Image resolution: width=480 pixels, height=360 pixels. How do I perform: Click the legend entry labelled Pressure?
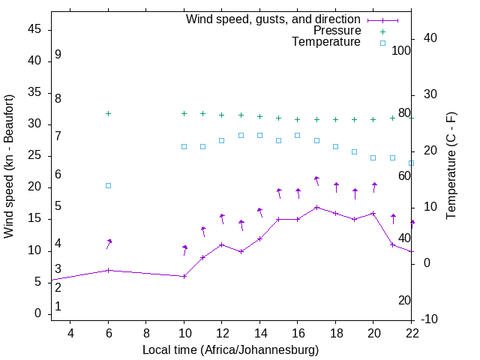point(337,31)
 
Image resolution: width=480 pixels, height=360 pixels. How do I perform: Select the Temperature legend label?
point(326,42)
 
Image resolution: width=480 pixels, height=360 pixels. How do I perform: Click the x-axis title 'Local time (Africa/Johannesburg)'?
point(230,350)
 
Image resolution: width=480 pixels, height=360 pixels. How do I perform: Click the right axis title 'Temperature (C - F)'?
point(451,166)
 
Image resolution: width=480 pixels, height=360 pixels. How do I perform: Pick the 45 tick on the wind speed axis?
point(34,28)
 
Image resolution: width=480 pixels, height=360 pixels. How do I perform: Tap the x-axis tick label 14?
point(259,333)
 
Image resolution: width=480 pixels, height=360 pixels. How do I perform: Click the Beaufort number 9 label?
point(58,55)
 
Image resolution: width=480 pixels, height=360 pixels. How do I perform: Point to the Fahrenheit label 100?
point(401,50)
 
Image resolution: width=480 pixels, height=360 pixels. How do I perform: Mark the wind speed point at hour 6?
point(109,270)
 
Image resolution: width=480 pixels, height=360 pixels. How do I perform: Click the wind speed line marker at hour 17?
point(316,207)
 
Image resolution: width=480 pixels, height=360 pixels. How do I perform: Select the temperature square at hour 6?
point(109,185)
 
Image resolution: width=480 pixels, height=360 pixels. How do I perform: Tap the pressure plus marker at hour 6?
point(109,113)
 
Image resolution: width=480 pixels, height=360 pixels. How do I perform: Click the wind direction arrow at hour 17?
point(316,181)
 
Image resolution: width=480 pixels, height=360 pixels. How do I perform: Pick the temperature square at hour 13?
point(241,136)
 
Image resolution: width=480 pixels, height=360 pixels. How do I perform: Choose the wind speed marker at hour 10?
point(184,276)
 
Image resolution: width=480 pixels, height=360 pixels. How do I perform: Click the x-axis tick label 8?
point(146,333)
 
